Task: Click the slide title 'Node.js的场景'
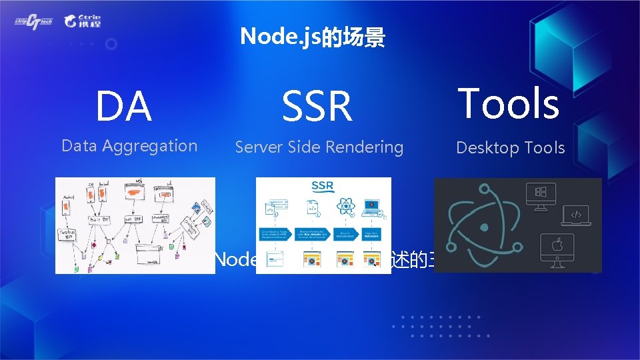click(x=312, y=37)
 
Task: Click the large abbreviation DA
click(x=124, y=107)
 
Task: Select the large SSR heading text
click(x=317, y=107)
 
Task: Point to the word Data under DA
click(x=79, y=146)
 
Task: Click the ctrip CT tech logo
click(x=33, y=21)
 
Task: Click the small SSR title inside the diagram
click(x=322, y=185)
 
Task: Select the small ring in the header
click(x=111, y=44)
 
